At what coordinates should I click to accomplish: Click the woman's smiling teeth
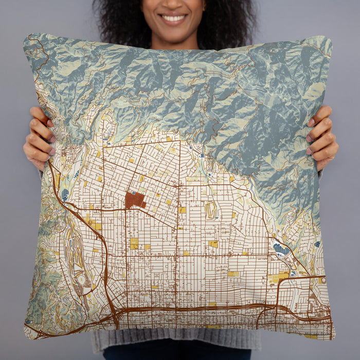pyautogui.click(x=173, y=18)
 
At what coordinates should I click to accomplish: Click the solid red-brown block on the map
pyautogui.click(x=134, y=200)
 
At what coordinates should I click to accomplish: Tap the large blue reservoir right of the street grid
pyautogui.click(x=280, y=249)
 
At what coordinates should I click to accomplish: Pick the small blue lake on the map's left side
pyautogui.click(x=65, y=195)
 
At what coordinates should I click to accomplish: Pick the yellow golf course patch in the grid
pyautogui.click(x=210, y=210)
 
